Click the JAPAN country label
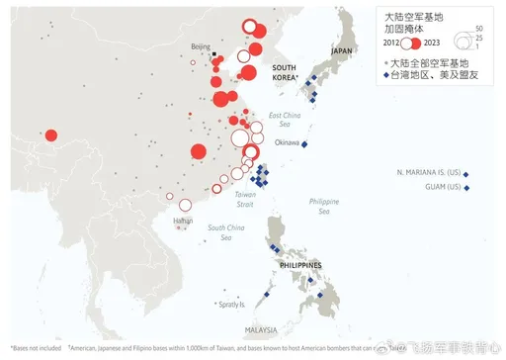(x=342, y=50)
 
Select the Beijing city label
(x=201, y=46)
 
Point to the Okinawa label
(x=287, y=142)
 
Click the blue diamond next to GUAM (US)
(x=466, y=188)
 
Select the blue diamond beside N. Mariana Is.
(x=466, y=174)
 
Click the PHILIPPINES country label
(x=297, y=265)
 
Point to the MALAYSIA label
(x=261, y=329)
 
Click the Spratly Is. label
(x=230, y=305)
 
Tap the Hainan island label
(x=183, y=220)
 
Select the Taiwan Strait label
(x=245, y=200)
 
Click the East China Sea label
(x=284, y=120)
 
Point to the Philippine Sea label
(x=323, y=206)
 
